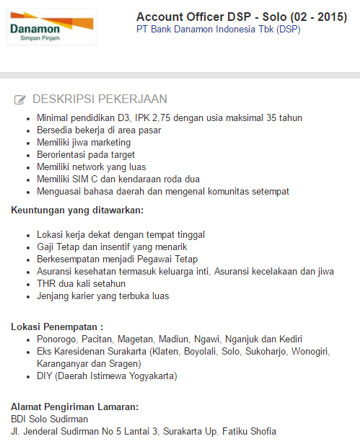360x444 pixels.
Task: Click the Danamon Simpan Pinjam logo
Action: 51,27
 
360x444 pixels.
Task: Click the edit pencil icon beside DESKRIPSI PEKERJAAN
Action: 20,99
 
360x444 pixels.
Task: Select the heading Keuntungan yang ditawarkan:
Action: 77,210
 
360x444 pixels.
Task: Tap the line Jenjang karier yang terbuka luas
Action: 102,296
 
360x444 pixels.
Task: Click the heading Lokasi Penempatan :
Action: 57,327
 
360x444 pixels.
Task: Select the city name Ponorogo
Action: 58,339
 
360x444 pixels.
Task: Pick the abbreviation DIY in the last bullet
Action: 45,376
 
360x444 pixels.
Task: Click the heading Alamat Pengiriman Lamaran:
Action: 74,407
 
